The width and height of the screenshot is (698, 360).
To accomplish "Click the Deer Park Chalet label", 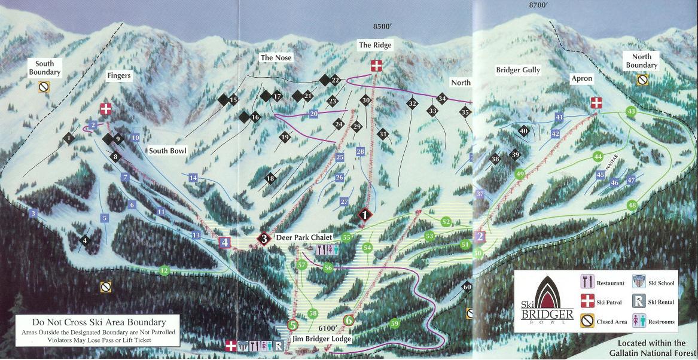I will (x=304, y=238).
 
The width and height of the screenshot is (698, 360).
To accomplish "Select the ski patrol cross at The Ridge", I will (x=376, y=66).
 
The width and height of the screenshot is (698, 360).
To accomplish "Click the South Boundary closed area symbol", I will (x=44, y=87).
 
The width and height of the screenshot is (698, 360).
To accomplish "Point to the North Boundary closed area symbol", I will (x=642, y=79).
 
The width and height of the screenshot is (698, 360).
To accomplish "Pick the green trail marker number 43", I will (x=631, y=111).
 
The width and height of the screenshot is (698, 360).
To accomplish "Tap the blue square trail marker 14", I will (x=193, y=178).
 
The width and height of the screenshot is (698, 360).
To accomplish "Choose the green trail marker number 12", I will (x=164, y=271).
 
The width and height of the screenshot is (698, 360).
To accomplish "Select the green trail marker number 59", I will (x=394, y=324).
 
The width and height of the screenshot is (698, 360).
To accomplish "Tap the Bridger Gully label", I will (x=517, y=70).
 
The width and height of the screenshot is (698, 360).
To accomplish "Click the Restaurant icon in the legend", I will (x=587, y=282).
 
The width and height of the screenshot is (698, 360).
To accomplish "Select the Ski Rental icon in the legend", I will (x=639, y=302).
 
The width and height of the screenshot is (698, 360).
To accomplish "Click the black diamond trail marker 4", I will (x=85, y=240).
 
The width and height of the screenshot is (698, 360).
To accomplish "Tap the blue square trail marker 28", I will (x=360, y=152).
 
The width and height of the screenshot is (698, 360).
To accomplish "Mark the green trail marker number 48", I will (x=632, y=206).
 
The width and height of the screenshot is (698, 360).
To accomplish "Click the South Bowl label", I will (x=168, y=151).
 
